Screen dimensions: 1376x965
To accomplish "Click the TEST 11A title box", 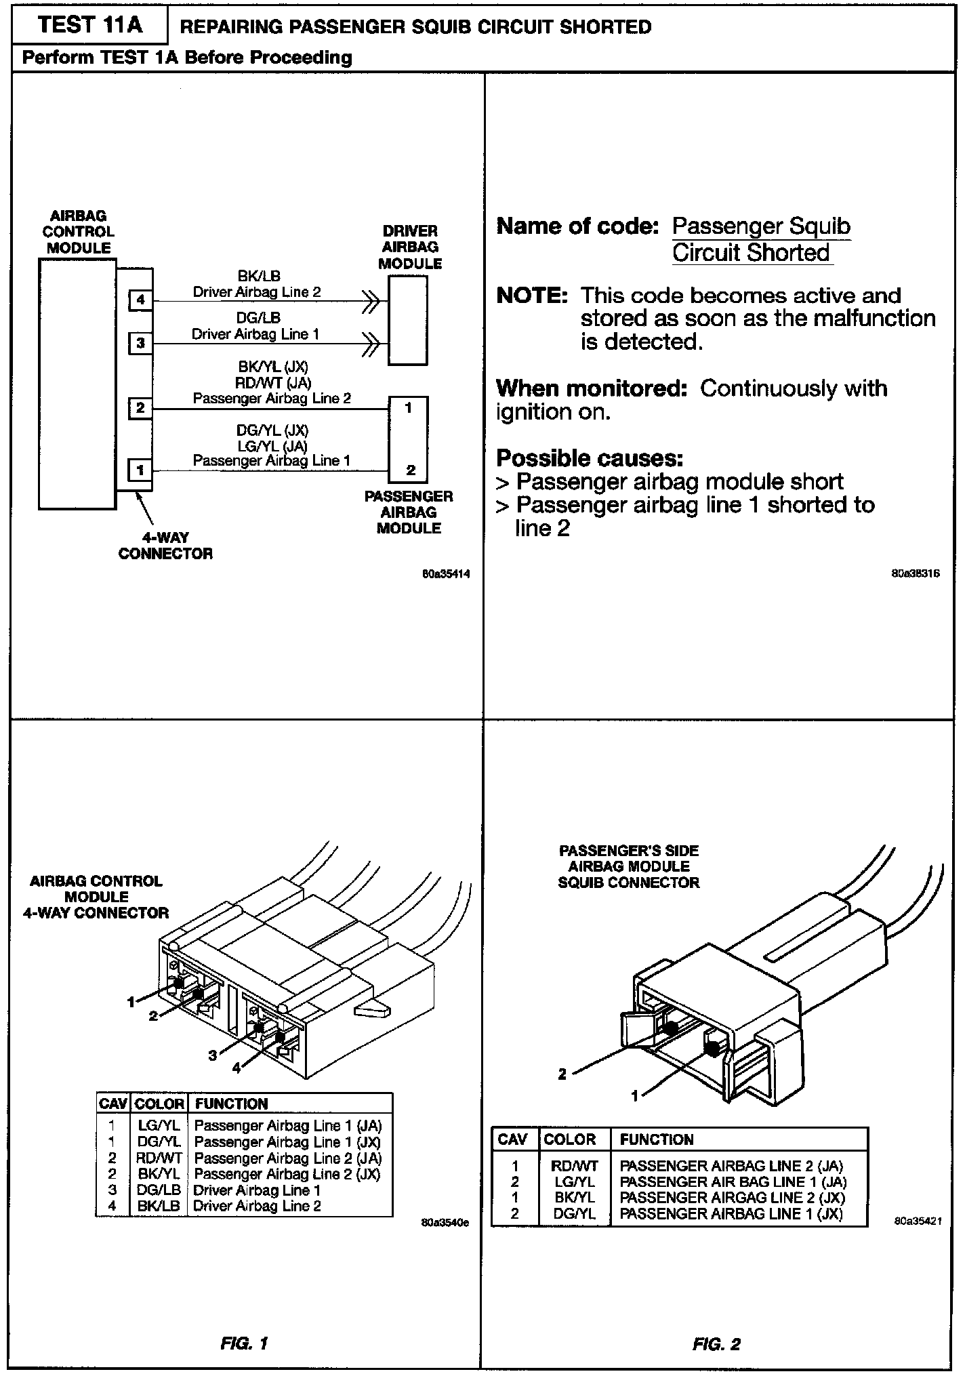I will pyautogui.click(x=90, y=25).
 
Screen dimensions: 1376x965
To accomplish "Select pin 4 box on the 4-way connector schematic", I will pyautogui.click(x=140, y=300).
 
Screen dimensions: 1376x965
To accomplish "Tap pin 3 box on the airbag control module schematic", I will pyautogui.click(x=140, y=343).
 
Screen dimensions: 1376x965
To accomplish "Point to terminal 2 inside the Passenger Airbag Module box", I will pyautogui.click(x=410, y=470).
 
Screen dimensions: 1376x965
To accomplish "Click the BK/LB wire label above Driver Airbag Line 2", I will pyautogui.click(x=258, y=276).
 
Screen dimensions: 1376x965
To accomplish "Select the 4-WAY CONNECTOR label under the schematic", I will pyautogui.click(x=165, y=546).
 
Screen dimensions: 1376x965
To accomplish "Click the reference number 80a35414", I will pyautogui.click(x=445, y=574).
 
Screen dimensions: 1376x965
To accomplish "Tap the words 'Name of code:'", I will pyautogui.click(x=577, y=226).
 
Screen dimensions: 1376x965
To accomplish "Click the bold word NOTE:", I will pyautogui.click(x=531, y=296).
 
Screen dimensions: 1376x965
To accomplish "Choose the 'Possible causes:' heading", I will pyautogui.click(x=590, y=458).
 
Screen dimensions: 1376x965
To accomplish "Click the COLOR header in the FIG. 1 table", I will pyautogui.click(x=159, y=1104).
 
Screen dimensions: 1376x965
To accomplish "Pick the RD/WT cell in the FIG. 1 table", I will pyautogui.click(x=159, y=1158).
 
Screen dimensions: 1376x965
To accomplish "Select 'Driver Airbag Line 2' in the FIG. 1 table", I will pyautogui.click(x=257, y=1206).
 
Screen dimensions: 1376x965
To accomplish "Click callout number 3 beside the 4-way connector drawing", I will pyautogui.click(x=213, y=1055).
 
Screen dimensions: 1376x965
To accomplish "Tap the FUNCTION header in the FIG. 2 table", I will pyautogui.click(x=656, y=1139).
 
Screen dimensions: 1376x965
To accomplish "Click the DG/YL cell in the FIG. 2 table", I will pyautogui.click(x=574, y=1214).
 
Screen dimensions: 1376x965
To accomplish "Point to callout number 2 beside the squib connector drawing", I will pyautogui.click(x=562, y=1074).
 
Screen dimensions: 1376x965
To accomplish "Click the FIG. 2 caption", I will pyautogui.click(x=716, y=1343).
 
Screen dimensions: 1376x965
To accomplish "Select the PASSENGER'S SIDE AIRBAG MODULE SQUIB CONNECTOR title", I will pyautogui.click(x=628, y=866).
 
